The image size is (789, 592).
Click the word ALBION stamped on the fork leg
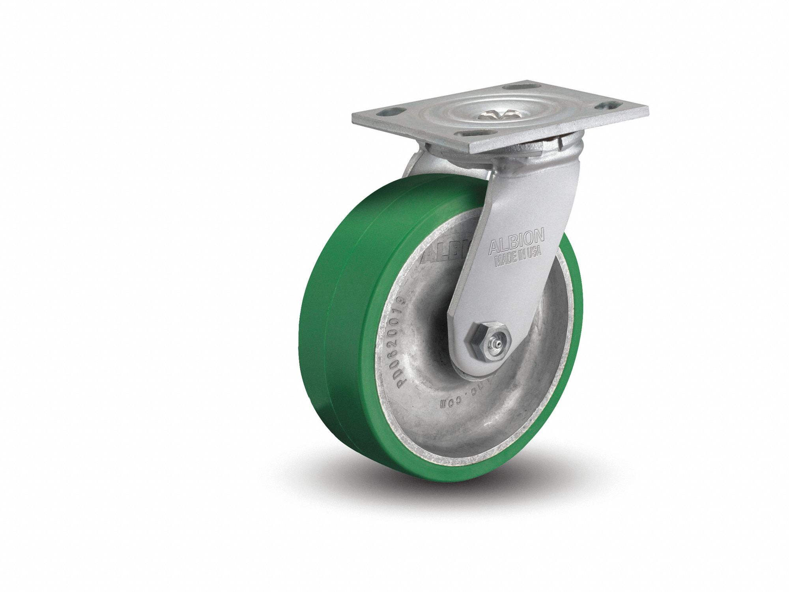(x=517, y=240)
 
